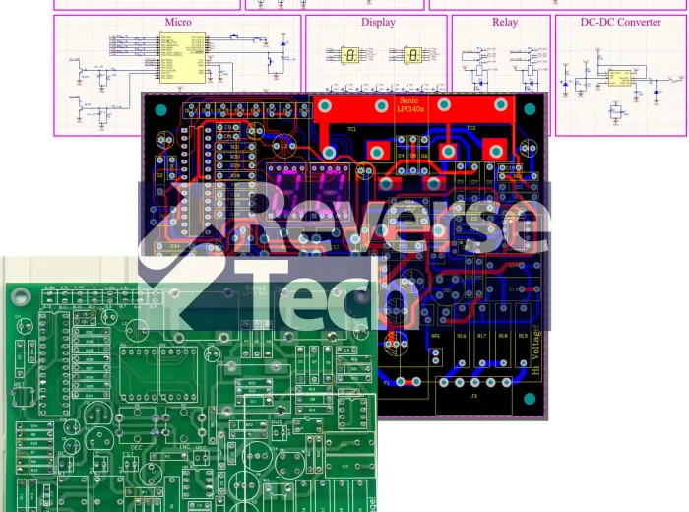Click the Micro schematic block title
(178, 22)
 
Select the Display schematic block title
(378, 22)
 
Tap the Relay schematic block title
(504, 22)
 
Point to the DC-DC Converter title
(620, 22)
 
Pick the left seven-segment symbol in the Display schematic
(350, 56)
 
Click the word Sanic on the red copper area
(407, 101)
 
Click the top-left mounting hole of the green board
(17, 292)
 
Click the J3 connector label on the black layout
(473, 396)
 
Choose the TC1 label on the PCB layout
(351, 129)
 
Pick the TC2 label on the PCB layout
(470, 128)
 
